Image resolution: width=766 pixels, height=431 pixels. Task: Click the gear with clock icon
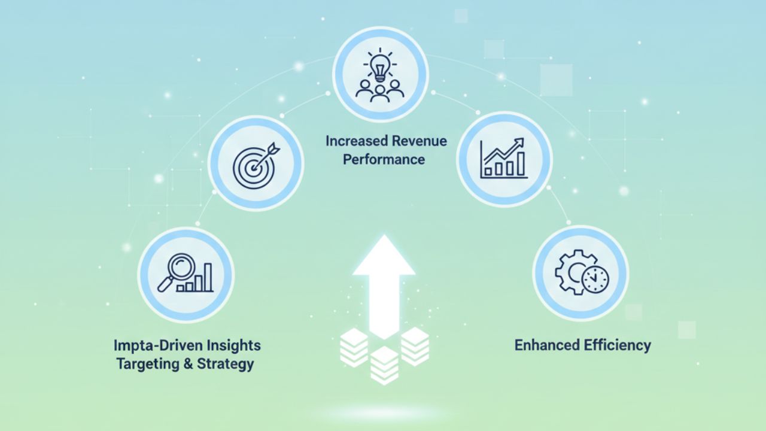(x=580, y=273)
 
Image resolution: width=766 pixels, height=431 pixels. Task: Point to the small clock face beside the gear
(x=595, y=280)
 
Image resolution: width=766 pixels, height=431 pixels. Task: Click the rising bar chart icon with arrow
(x=504, y=158)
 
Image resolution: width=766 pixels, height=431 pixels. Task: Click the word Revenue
(x=419, y=141)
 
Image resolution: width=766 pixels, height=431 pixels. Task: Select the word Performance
(x=384, y=159)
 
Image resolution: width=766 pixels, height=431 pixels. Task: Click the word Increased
(x=357, y=141)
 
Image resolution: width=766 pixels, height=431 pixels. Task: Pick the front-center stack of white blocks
(x=384, y=365)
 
